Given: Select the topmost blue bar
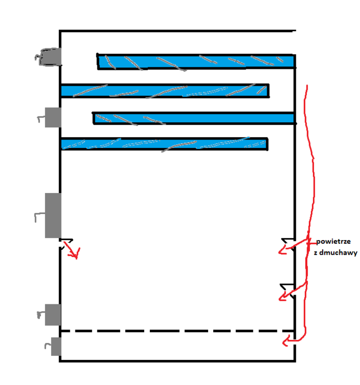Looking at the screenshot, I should (196, 62).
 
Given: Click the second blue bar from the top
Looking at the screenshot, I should (164, 91).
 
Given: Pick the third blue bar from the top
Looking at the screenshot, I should (194, 119).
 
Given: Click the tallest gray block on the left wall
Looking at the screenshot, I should (53, 215).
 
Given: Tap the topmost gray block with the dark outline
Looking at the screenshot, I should (51, 57).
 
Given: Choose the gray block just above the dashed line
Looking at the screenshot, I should (53, 314).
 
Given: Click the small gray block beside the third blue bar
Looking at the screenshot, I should (53, 118).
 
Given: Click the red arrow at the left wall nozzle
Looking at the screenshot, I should (73, 252).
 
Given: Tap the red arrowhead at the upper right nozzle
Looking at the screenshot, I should (283, 251).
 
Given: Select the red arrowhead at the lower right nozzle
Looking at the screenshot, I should (283, 296).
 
